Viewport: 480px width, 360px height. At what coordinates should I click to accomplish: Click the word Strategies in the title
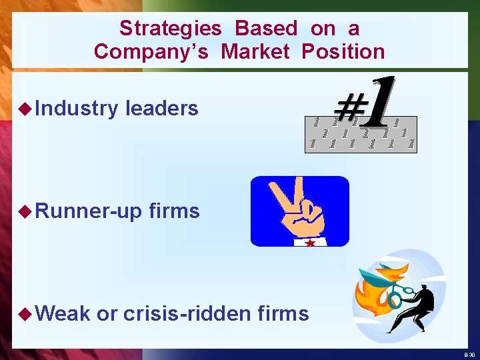170,28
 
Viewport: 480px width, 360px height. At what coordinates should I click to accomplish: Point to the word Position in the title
343,51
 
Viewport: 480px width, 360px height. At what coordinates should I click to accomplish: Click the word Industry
77,108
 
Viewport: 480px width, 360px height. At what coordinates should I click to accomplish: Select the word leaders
162,108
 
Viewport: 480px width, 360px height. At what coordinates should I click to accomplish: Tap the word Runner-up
89,211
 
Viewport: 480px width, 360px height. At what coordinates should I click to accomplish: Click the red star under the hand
310,243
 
